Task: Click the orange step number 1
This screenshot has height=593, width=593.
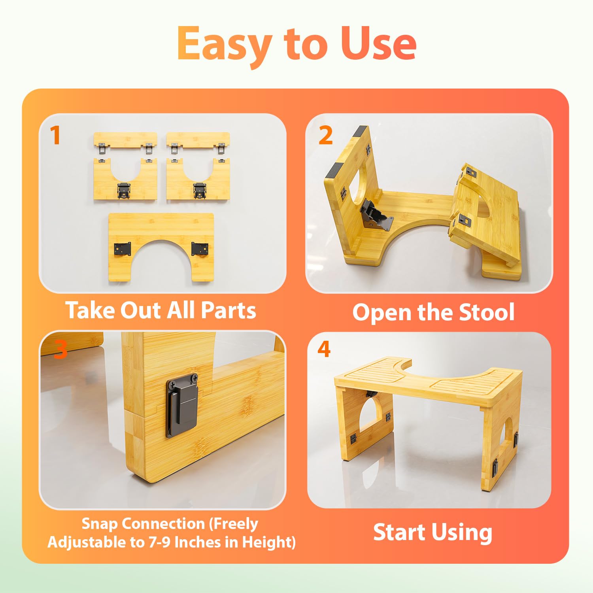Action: click(55, 136)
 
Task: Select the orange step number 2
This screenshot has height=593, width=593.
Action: click(325, 136)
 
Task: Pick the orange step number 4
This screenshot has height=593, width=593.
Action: click(324, 349)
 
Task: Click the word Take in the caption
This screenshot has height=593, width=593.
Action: click(91, 310)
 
